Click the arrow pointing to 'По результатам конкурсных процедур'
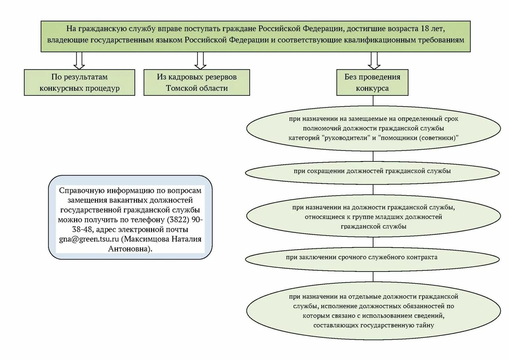click(79, 60)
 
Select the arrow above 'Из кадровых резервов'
click(200, 60)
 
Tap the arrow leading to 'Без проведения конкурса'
click(374, 60)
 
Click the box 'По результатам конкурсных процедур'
click(80, 82)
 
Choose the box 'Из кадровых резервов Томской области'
click(197, 82)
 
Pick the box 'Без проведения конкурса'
click(372, 82)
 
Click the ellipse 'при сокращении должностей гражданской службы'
click(372, 173)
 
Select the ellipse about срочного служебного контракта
click(372, 259)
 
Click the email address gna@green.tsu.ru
click(89, 239)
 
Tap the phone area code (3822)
click(178, 220)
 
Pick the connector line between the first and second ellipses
click(373, 156)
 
